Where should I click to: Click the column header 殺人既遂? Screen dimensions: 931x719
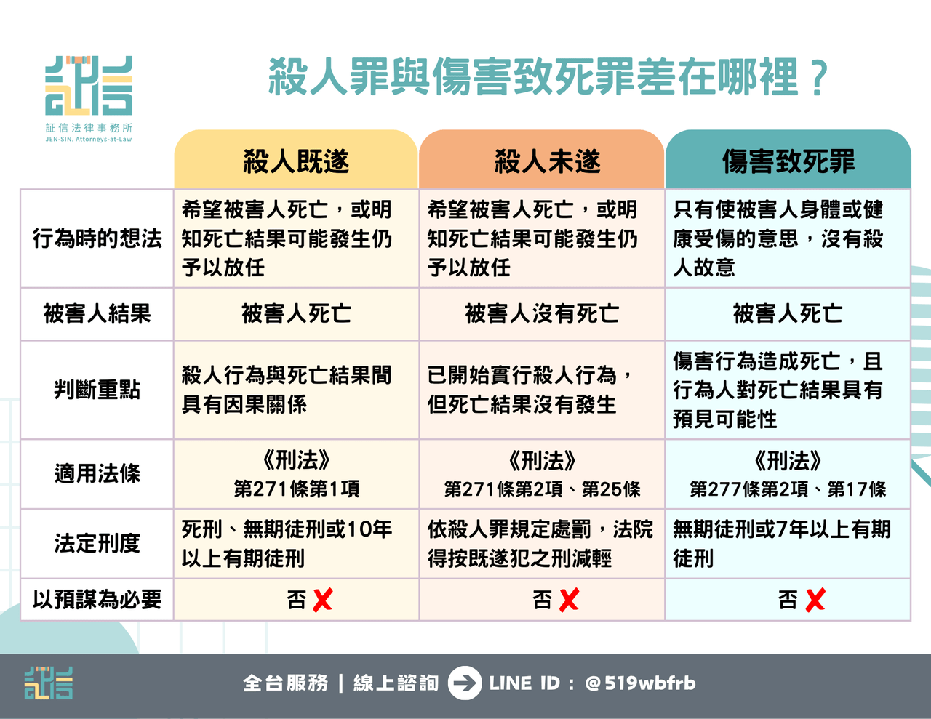coord(296,161)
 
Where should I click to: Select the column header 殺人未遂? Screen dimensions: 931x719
coord(547,161)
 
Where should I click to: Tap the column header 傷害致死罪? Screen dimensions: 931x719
coord(788,161)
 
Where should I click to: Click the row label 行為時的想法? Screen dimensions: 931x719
coord(97,238)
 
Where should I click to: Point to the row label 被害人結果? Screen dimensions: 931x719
coord(97,313)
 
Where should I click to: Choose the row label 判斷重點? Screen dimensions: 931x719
coord(97,390)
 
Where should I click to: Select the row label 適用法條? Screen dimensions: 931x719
coord(97,473)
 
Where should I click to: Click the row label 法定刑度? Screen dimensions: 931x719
coord(97,543)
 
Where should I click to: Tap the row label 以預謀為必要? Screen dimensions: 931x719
coord(97,599)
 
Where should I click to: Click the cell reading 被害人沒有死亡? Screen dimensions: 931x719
coord(542,313)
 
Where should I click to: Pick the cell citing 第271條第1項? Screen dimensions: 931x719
coord(297,475)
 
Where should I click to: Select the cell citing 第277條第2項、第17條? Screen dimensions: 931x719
coord(788,475)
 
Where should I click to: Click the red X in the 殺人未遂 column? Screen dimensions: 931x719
coord(569,600)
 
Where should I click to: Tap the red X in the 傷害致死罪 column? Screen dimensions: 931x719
coord(815,600)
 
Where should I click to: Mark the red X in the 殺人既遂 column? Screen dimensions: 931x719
coord(323,600)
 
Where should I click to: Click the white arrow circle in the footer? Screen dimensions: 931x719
coord(465,683)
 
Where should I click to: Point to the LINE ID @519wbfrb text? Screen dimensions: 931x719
coord(593,683)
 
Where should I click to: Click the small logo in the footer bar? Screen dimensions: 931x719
coord(49,683)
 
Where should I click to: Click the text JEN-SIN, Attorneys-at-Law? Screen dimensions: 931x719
coord(89,139)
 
